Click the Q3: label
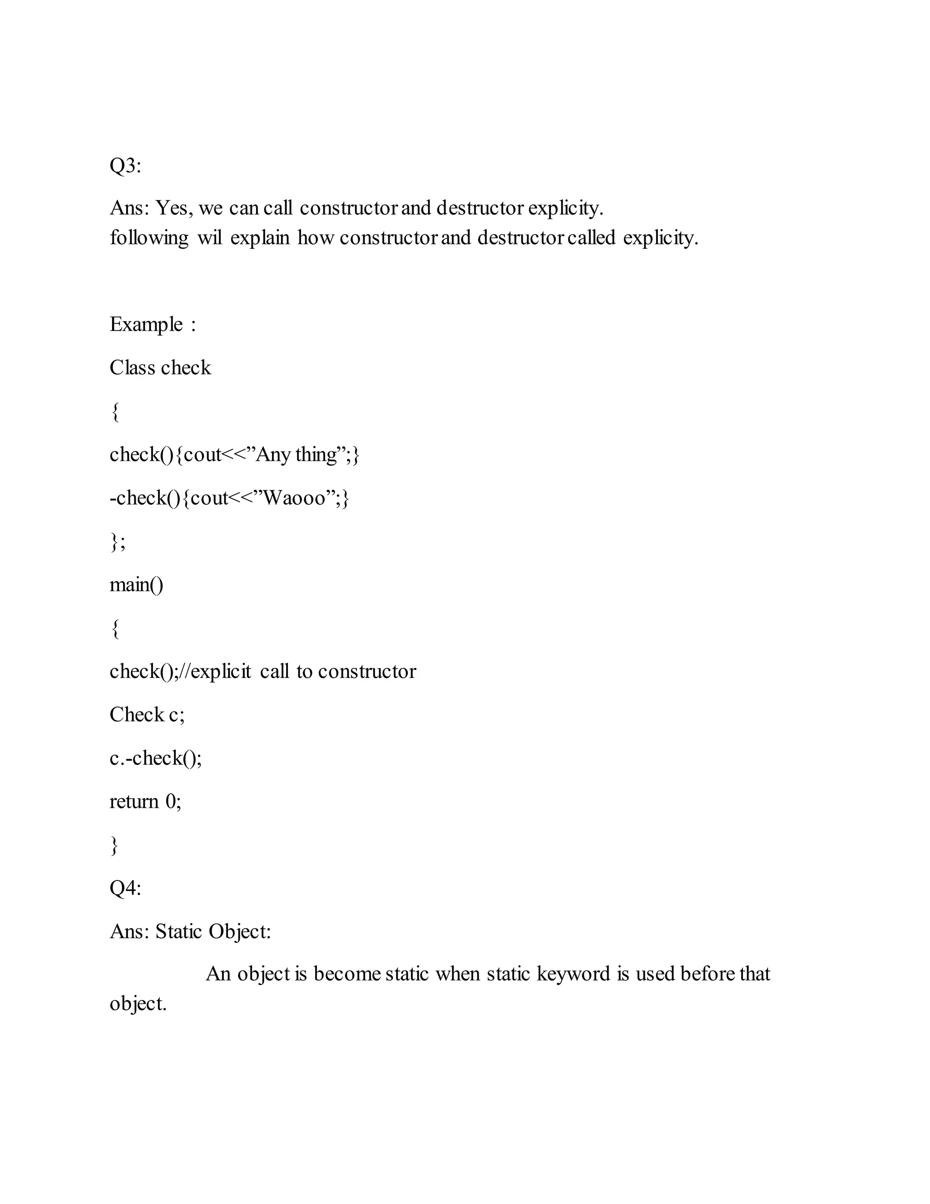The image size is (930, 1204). [x=125, y=165]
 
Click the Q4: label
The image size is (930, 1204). [x=125, y=888]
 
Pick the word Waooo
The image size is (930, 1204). [x=295, y=498]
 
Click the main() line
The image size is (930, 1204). [x=136, y=584]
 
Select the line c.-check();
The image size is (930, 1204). [x=155, y=758]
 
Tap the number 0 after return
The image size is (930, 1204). [x=170, y=801]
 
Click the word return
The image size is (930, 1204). [x=134, y=801]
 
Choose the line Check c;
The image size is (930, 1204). [x=147, y=715]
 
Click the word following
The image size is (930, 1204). [x=149, y=238]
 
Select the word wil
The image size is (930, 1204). [x=209, y=238]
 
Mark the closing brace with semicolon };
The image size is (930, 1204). [x=117, y=542]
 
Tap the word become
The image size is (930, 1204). [x=346, y=974]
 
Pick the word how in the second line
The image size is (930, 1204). [x=315, y=238]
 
